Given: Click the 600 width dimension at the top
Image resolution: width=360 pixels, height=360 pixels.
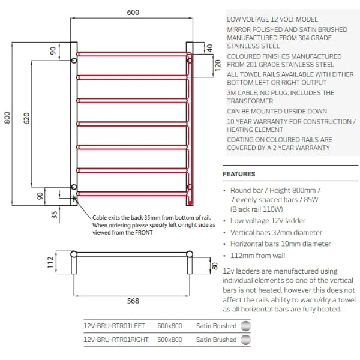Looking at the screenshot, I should [132, 13].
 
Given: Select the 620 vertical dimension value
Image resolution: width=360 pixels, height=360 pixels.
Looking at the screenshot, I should [26, 119].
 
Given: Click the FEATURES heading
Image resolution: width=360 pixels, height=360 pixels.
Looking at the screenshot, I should [239, 174].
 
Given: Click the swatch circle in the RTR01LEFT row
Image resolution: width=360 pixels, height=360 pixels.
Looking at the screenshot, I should [245, 326].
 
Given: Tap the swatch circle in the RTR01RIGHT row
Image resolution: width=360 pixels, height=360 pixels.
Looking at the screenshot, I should [245, 340].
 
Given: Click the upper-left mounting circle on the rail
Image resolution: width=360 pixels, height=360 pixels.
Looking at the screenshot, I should [74, 60].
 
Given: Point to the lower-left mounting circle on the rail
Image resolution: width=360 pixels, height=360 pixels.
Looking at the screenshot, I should [74, 187].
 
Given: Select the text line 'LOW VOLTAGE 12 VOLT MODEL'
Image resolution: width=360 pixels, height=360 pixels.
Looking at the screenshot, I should [272, 20].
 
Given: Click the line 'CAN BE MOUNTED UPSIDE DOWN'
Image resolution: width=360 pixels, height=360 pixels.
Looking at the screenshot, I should [277, 111].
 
